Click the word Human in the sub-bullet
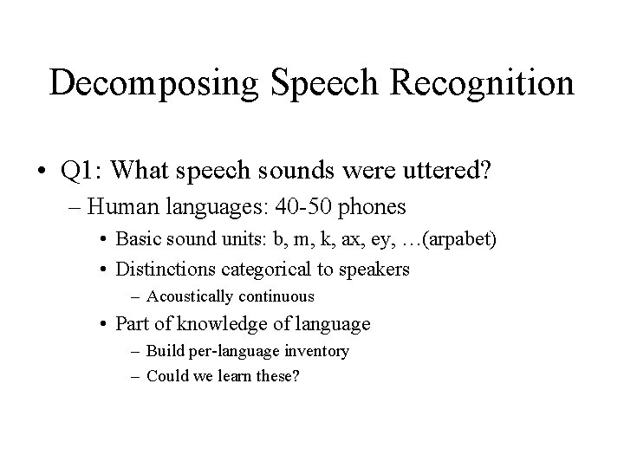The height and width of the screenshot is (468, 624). [x=119, y=208]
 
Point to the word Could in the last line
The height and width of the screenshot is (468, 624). [x=166, y=376]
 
